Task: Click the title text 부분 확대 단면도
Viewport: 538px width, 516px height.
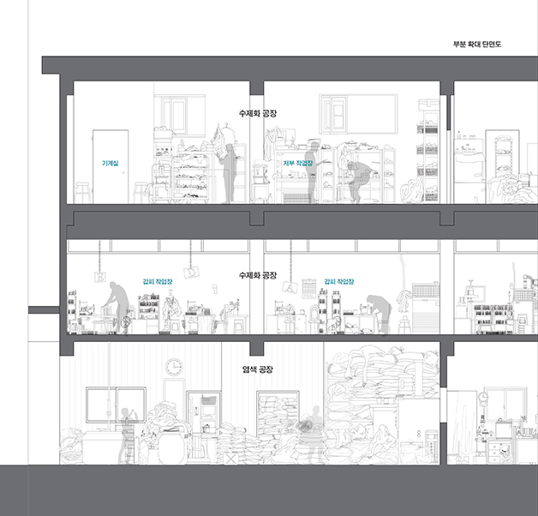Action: [x=477, y=45]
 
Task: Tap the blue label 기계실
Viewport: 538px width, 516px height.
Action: [x=111, y=163]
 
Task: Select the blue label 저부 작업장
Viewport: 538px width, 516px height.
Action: [x=298, y=163]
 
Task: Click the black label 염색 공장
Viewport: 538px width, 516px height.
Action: [x=258, y=369]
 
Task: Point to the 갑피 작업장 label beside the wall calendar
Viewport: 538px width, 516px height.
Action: [x=339, y=281]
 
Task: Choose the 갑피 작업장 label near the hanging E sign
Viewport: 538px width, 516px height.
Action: [x=158, y=281]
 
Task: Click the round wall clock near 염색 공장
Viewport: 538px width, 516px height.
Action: [x=174, y=367]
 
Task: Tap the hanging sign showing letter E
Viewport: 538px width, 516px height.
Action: [x=100, y=276]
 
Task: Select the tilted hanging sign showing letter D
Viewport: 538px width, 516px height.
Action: [x=191, y=272]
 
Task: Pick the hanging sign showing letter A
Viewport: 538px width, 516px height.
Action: [x=290, y=286]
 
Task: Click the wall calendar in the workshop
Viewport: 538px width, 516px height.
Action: [x=308, y=288]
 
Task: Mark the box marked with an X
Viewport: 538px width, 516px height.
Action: [x=231, y=459]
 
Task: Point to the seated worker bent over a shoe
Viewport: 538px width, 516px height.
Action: [x=358, y=181]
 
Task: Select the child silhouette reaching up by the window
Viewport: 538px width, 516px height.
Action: [x=128, y=435]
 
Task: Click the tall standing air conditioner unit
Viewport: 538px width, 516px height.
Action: [x=426, y=308]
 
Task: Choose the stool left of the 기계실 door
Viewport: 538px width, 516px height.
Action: [x=83, y=193]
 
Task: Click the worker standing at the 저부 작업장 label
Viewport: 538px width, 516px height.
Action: [x=313, y=171]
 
